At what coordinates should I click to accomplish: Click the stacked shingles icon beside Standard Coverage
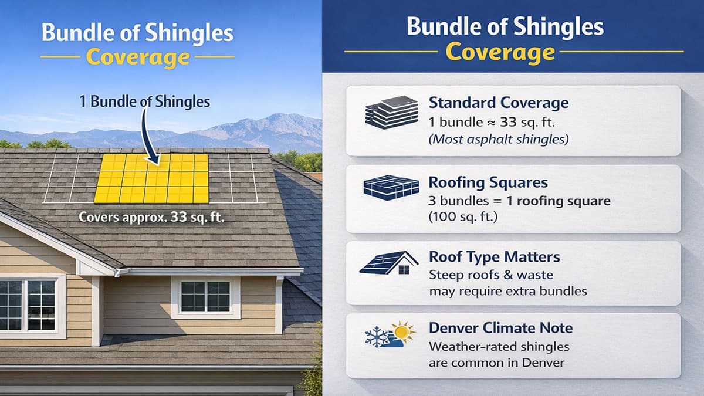(391, 112)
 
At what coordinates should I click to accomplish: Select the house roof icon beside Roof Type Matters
(389, 263)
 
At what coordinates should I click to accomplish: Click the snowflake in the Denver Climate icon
(375, 337)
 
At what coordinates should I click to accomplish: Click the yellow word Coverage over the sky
(137, 57)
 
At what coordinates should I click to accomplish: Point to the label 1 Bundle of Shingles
(144, 101)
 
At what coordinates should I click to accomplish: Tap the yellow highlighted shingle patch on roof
(151, 178)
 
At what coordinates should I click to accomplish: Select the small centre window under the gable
(205, 296)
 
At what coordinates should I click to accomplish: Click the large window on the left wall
(28, 304)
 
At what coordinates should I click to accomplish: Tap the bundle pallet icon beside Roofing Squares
(391, 187)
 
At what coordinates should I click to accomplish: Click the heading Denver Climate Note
(500, 327)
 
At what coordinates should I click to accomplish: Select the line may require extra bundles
(507, 290)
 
